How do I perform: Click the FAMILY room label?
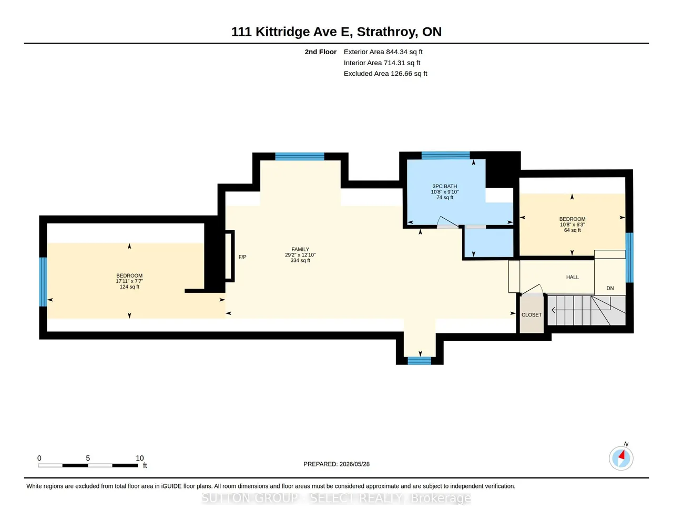tap(300, 249)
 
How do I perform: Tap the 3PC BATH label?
tap(444, 187)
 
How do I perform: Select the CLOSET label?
tap(532, 315)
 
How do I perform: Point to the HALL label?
tap(573, 277)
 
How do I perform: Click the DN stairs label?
tap(610, 288)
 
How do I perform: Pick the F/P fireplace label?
tap(242, 257)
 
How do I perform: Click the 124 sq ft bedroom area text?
tap(129, 287)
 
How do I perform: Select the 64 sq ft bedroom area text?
tap(572, 230)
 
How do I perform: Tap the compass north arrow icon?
tap(621, 458)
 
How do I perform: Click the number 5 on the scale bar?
tap(88, 458)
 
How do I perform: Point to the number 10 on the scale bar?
tap(140, 458)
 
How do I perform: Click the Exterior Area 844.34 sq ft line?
tap(383, 52)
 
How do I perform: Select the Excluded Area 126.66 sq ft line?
tap(385, 74)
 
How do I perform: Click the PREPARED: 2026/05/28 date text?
tap(336, 464)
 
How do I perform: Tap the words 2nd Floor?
tap(320, 52)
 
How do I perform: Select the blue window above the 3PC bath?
tap(446, 155)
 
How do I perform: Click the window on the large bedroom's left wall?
tap(43, 282)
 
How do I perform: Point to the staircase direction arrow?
tap(582, 310)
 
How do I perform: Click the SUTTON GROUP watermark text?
tap(336, 498)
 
